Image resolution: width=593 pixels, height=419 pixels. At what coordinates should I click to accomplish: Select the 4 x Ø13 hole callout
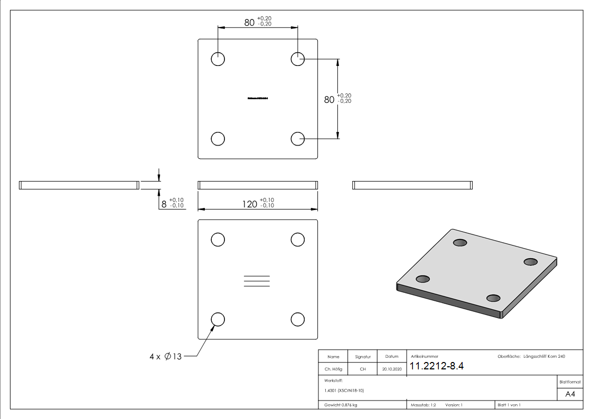tap(165, 357)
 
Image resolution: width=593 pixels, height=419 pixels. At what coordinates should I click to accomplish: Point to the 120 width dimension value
tap(250, 204)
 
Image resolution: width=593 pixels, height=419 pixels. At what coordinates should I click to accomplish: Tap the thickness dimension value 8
tap(164, 204)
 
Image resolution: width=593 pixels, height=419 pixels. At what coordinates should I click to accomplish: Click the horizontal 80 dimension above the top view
tap(249, 22)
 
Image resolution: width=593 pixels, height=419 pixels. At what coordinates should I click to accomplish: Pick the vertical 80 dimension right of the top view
tap(329, 99)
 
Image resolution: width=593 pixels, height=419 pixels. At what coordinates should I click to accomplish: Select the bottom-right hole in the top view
tap(298, 138)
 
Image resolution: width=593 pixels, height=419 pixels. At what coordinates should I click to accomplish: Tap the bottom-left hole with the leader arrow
tap(218, 319)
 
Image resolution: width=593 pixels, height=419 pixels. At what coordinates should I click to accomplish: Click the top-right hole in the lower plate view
tap(298, 240)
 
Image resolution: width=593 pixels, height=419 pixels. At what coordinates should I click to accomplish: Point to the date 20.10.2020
tap(391, 369)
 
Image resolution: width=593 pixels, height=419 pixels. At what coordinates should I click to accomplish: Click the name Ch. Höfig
tap(333, 369)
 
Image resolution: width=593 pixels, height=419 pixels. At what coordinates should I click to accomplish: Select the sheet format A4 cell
tap(570, 394)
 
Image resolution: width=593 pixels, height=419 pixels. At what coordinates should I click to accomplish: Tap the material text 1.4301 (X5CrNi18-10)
tap(344, 391)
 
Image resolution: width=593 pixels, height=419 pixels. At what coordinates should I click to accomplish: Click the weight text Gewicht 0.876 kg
tap(341, 405)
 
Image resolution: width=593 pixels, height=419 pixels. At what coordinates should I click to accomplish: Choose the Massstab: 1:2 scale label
tap(423, 405)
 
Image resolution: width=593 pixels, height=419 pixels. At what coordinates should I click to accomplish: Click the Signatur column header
tap(363, 357)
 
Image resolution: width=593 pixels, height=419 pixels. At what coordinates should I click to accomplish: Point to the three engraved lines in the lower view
tap(257, 281)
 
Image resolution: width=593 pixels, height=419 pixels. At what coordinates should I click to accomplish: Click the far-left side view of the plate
tap(79, 185)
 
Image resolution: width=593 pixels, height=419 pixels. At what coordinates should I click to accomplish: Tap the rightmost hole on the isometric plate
tap(530, 262)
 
